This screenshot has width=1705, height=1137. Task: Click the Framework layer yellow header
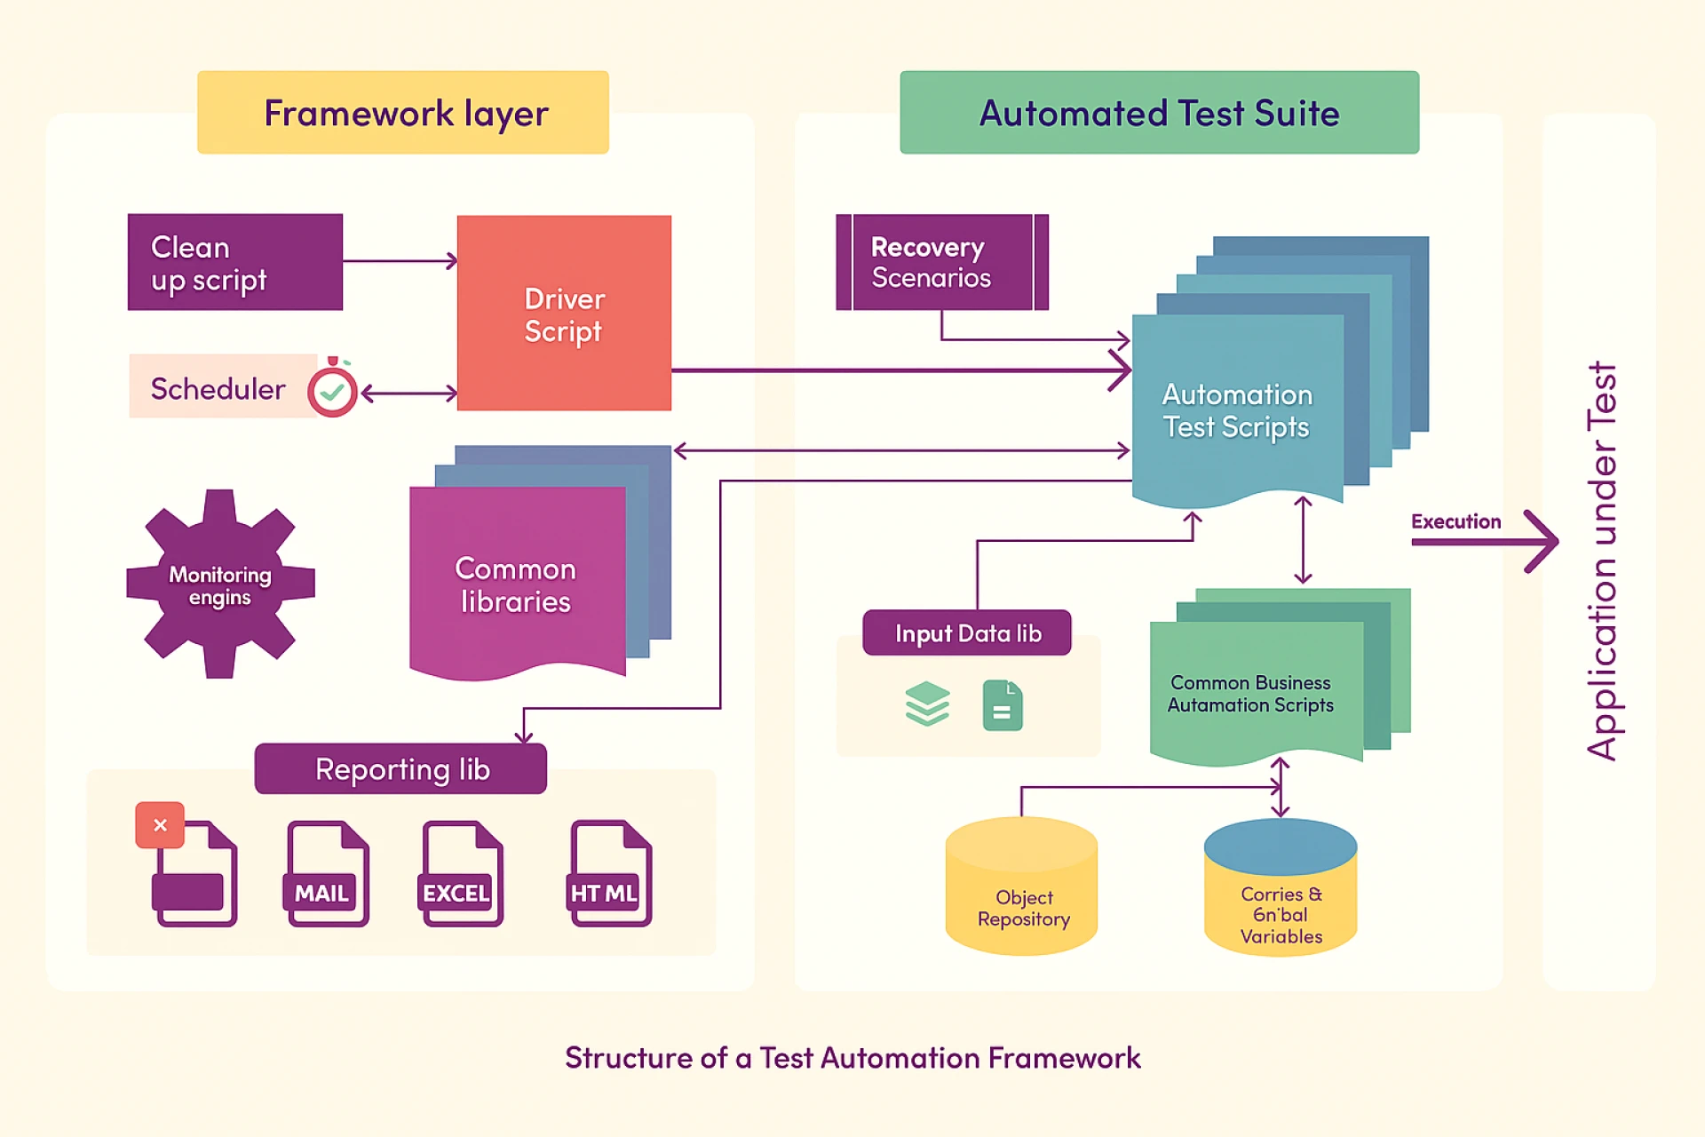(403, 113)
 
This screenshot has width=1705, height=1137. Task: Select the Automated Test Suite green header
(1159, 113)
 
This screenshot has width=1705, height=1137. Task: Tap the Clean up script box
(235, 262)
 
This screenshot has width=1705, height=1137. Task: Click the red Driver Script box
(564, 314)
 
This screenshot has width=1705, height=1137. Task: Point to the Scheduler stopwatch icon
(332, 389)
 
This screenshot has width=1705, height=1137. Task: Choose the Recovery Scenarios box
(941, 262)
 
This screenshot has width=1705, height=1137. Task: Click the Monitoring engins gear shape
(220, 585)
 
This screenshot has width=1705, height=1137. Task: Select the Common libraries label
(515, 585)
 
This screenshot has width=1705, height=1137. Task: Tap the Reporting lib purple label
(400, 769)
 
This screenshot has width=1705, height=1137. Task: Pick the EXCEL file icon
(461, 874)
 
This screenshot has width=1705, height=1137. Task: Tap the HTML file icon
(610, 874)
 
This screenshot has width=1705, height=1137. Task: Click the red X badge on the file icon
(160, 825)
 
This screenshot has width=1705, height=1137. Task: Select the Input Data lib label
(967, 633)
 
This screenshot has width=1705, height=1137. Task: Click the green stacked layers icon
(927, 704)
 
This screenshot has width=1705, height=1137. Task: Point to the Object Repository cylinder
(1021, 888)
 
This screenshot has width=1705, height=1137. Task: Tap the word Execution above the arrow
(1455, 521)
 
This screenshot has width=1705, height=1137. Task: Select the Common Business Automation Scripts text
(1250, 694)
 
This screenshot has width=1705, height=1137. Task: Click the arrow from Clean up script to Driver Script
(400, 261)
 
